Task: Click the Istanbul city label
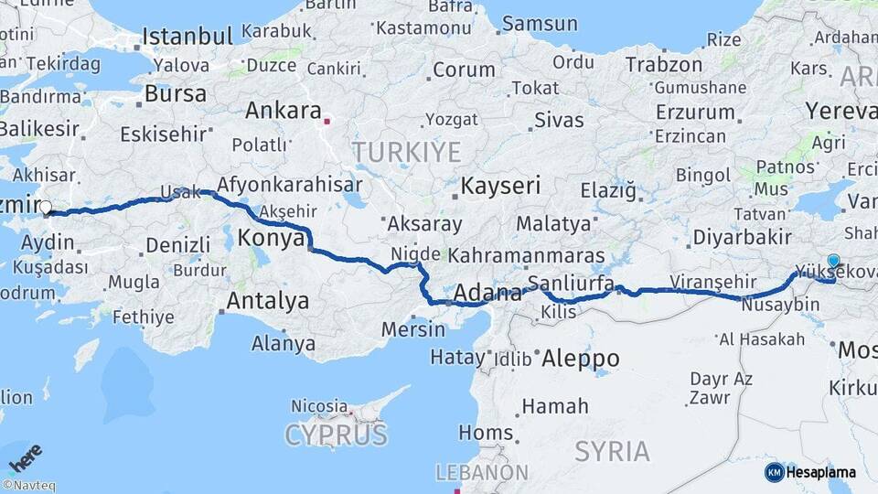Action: [187, 38]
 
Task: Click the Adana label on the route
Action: [487, 294]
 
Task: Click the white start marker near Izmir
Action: [46, 208]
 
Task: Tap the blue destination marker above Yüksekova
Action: [833, 261]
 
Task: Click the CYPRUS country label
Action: [336, 435]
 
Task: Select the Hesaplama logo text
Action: [821, 472]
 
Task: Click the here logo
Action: [26, 456]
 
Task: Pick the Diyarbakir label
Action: [742, 237]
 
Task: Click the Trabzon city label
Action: [664, 65]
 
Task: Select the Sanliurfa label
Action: [572, 283]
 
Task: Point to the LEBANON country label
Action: [481, 472]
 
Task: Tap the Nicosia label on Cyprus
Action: [319, 405]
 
